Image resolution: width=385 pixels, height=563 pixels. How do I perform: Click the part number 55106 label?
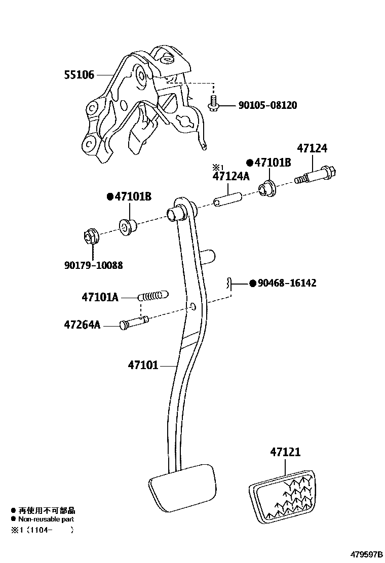pos(79,75)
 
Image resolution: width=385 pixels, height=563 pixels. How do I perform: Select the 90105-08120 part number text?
pos(268,105)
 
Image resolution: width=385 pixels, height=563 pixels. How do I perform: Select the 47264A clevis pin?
pos(134,323)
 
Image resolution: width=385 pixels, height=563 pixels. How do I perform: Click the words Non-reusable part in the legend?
pos(46,519)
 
